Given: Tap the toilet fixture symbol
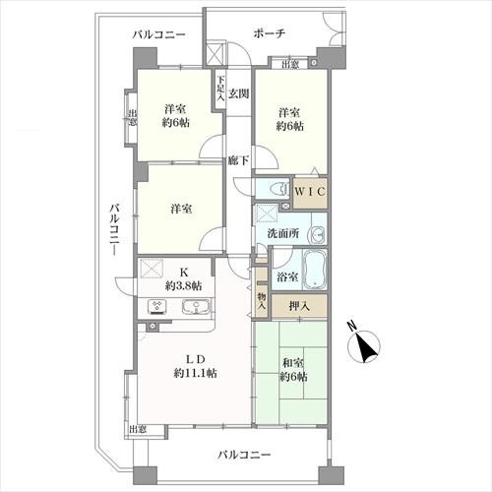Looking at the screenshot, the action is coord(279,189).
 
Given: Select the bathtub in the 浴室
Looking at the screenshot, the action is coord(314,270).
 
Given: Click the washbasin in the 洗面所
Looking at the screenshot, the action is coord(316,234).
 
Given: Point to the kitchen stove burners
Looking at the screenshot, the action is coord(157,307).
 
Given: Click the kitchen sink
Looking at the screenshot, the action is coord(196,307).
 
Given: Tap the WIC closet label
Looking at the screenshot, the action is coord(310,191).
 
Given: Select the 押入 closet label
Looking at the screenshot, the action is coord(299,306).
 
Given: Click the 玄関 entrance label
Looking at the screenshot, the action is coord(238,93).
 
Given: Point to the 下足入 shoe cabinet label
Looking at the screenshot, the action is coord(220,88).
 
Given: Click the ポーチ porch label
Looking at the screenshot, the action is coord(270,33).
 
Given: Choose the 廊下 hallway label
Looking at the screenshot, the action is coord(238,160).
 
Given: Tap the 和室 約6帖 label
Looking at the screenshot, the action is coord(293,370).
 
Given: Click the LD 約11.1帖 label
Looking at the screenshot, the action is coord(195,366).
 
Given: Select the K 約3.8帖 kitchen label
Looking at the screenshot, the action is coord(183,278).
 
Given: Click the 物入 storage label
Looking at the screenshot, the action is coord(262,301).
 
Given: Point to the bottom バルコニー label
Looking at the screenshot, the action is coord(244,455).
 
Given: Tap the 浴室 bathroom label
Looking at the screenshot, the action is coord(287,277).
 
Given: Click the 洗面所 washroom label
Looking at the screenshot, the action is coord(283,233).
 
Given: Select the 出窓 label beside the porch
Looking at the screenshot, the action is coord(290,64).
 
